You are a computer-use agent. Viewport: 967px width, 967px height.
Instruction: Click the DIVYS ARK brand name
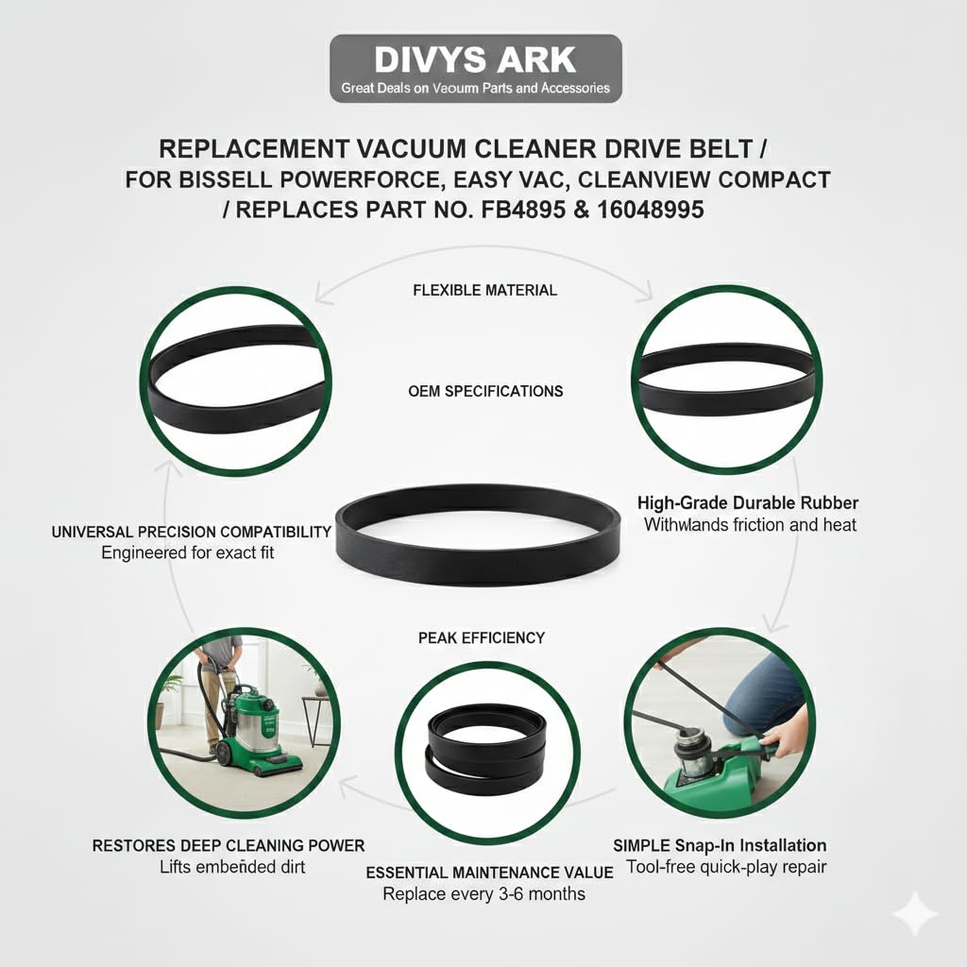point(475,59)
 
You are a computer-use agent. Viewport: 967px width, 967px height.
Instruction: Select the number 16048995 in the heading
point(647,210)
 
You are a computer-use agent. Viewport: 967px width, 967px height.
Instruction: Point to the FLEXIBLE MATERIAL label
point(484,290)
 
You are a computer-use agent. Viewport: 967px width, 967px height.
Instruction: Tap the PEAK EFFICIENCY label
point(481,637)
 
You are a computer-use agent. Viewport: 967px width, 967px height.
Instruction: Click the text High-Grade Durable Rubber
point(748,503)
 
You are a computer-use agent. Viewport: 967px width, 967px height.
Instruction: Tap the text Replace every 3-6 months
point(483,893)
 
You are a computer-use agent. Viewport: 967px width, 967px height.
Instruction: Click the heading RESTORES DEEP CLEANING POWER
point(229,845)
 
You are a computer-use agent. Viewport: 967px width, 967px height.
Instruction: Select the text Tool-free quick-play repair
point(720,867)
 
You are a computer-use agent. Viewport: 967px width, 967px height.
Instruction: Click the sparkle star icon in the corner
point(915,915)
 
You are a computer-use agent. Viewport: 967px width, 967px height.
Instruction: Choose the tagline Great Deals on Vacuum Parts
point(475,89)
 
